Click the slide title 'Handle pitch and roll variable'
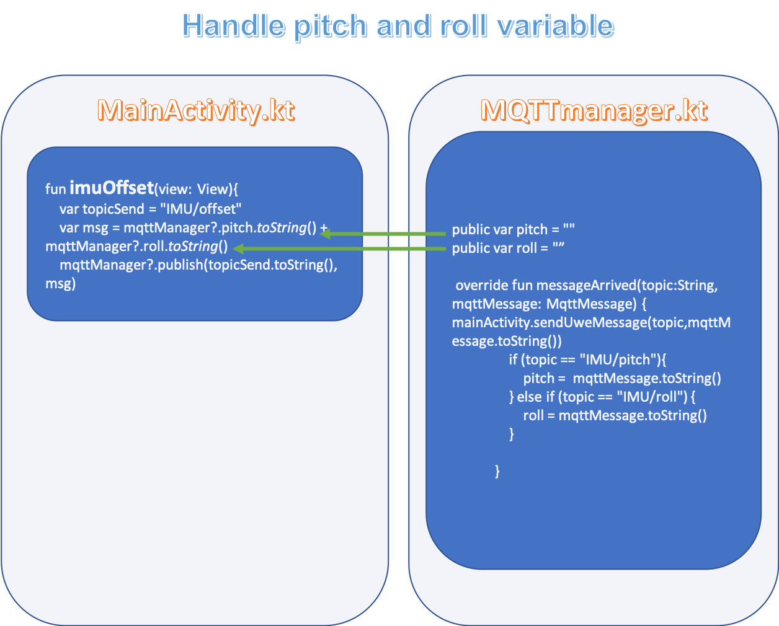point(398,27)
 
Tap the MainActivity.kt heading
point(195,110)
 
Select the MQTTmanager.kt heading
point(594,110)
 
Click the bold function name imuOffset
point(112,187)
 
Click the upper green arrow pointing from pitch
point(385,234)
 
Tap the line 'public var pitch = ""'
point(513,229)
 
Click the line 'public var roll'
point(508,248)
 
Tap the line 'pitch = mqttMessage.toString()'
point(621,378)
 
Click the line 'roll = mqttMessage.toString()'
point(614,415)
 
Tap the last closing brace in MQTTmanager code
point(497,471)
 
